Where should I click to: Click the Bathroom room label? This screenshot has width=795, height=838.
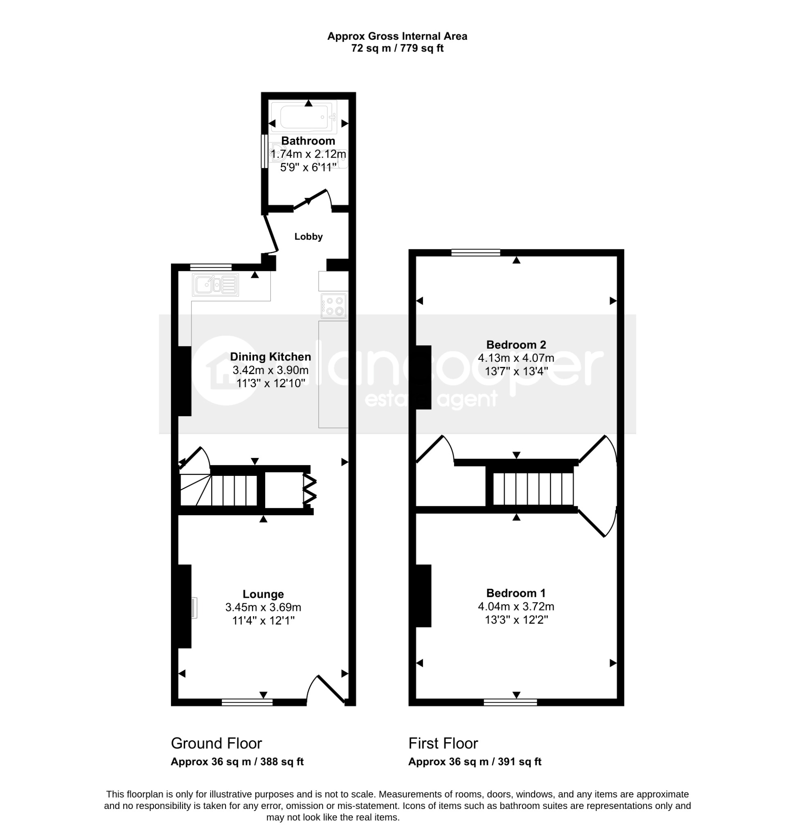pyautogui.click(x=308, y=141)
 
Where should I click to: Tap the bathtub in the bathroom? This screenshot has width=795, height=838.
pyautogui.click(x=304, y=117)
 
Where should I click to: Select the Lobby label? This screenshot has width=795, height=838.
pyautogui.click(x=309, y=237)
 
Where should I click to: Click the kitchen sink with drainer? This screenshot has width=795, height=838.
pyautogui.click(x=216, y=284)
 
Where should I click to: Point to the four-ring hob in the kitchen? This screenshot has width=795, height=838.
pyautogui.click(x=334, y=306)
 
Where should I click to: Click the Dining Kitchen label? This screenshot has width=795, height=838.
pyautogui.click(x=270, y=357)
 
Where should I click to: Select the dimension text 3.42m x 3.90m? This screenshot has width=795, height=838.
pyautogui.click(x=270, y=370)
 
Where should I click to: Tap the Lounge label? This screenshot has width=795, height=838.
pyautogui.click(x=263, y=594)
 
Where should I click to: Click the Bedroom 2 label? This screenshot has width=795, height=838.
pyautogui.click(x=516, y=345)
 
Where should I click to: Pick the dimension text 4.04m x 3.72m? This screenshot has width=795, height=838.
pyautogui.click(x=516, y=606)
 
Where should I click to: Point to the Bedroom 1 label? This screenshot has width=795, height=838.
pyautogui.click(x=516, y=593)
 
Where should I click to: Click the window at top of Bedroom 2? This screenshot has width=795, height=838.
pyautogui.click(x=476, y=252)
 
